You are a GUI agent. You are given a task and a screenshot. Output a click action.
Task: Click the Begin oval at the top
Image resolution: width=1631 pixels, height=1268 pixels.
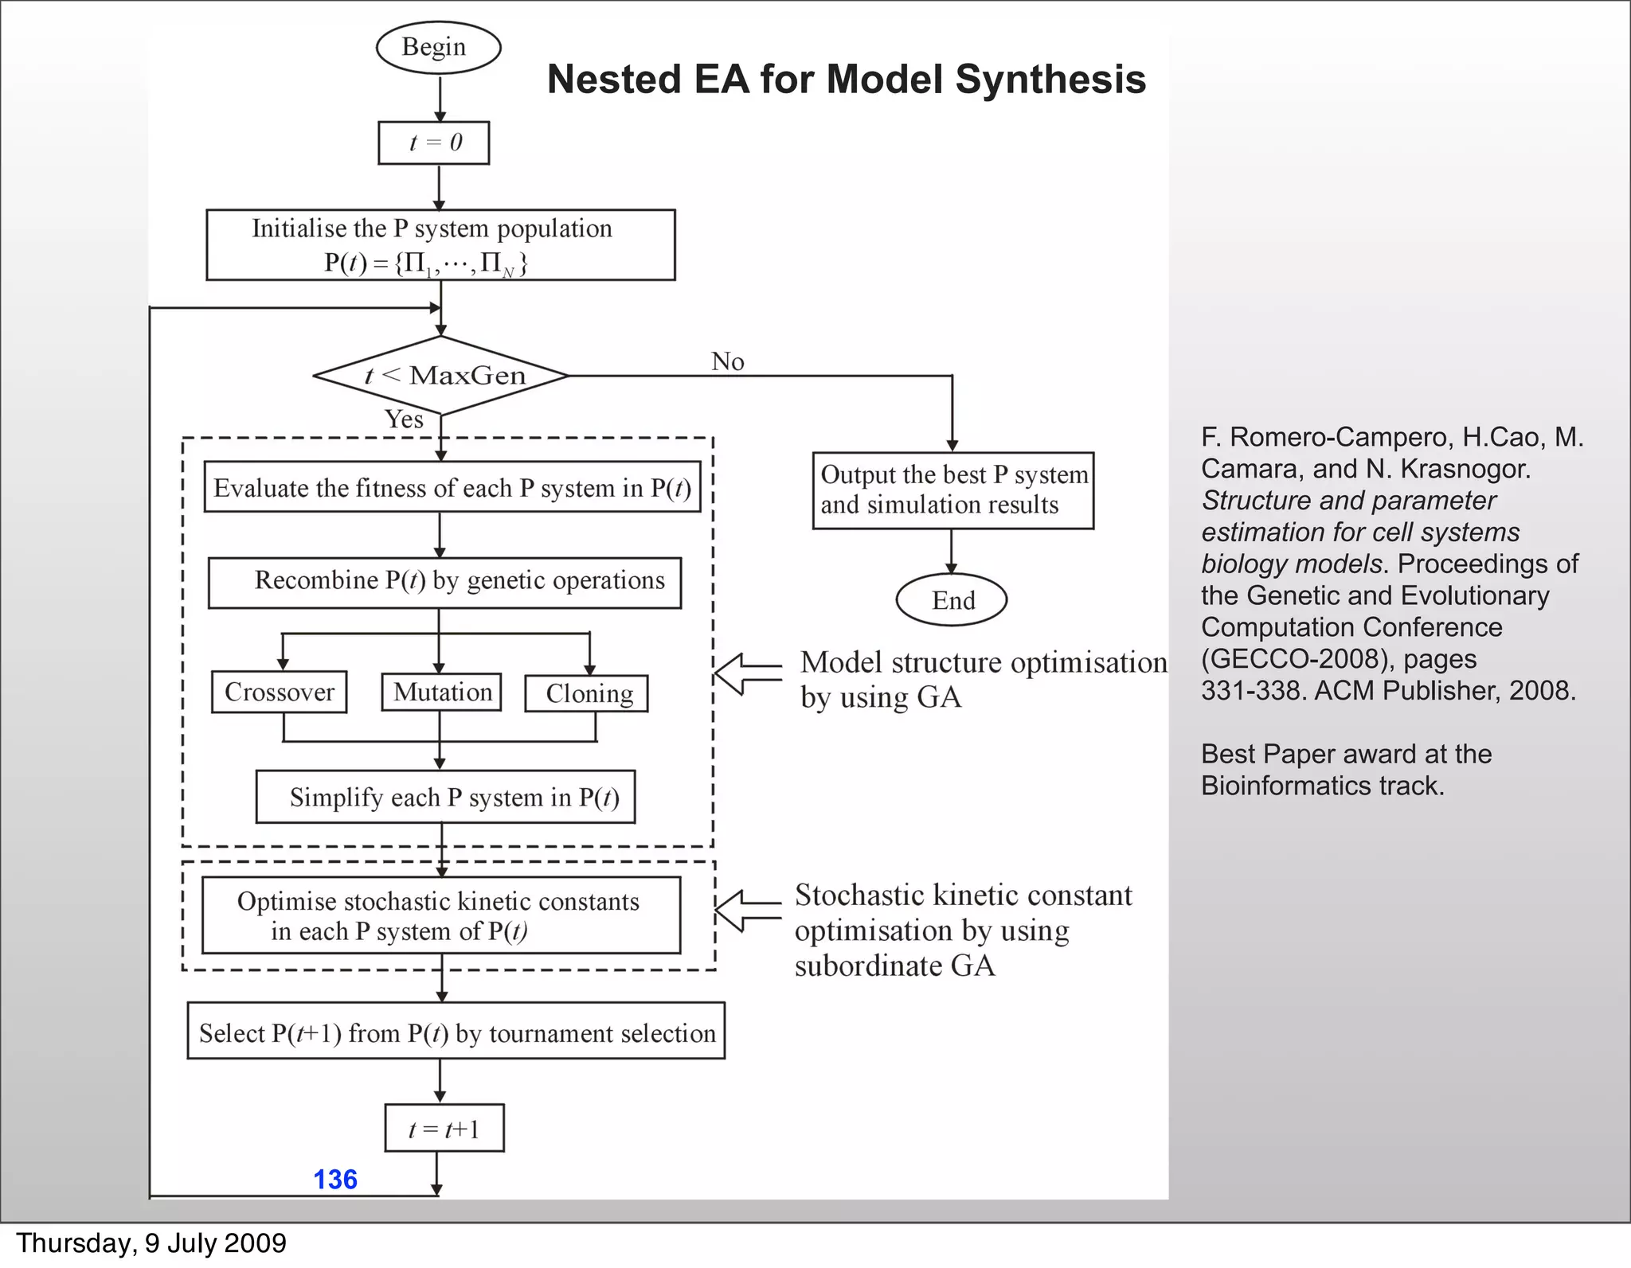tap(438, 48)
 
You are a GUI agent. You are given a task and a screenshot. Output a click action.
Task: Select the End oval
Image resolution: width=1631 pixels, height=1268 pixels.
tap(952, 599)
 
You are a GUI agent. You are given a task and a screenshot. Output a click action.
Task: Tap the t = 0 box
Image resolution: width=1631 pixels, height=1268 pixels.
tap(434, 142)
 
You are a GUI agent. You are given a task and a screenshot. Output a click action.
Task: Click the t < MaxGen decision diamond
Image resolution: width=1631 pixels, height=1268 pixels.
tap(441, 375)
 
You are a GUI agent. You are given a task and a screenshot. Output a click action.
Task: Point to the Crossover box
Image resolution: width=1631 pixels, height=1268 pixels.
tap(279, 692)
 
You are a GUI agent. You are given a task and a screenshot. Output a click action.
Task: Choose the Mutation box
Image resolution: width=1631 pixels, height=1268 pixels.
tap(442, 692)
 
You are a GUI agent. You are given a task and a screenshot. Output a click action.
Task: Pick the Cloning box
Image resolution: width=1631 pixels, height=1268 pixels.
tap(587, 693)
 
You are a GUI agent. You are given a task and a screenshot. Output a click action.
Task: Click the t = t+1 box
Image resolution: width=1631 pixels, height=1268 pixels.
tap(444, 1128)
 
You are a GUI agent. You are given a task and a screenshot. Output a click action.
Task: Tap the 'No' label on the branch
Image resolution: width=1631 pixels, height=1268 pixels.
tap(727, 361)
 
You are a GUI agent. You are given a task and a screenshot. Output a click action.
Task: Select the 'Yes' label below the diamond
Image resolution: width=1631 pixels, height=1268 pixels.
tap(404, 419)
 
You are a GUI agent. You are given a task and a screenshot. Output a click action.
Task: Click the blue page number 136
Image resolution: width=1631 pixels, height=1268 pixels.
tap(335, 1179)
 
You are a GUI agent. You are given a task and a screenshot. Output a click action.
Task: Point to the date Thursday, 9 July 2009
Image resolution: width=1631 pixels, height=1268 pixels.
tap(151, 1243)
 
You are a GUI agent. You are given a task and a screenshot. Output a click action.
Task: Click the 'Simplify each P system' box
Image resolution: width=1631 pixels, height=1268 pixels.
tap(445, 797)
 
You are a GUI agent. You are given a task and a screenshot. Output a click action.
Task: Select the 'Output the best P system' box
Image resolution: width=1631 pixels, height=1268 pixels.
tap(953, 490)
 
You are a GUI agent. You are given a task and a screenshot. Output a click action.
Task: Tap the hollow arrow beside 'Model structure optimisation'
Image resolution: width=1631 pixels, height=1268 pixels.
tap(747, 674)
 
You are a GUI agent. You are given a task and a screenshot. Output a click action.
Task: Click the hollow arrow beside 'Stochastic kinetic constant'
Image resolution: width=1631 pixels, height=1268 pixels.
tap(747, 911)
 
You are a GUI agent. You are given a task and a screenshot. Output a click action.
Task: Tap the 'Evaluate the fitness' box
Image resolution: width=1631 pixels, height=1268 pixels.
tap(452, 487)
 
